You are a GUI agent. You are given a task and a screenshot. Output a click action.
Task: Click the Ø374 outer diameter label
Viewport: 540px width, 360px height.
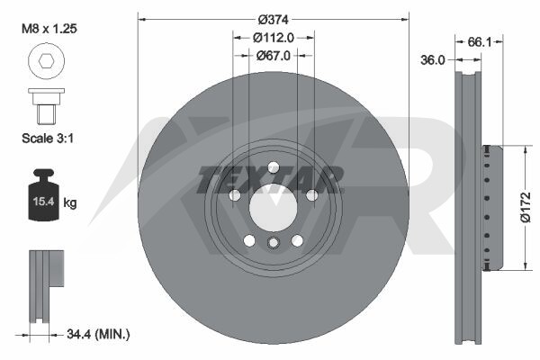273,20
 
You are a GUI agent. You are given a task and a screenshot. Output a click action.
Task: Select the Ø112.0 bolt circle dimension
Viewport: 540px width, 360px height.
274,37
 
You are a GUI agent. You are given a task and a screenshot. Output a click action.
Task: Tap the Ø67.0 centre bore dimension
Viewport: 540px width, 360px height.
274,55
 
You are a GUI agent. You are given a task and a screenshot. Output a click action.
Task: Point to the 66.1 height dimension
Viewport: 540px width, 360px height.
479,42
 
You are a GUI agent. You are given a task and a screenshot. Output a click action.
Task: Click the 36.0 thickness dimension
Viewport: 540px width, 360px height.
433,60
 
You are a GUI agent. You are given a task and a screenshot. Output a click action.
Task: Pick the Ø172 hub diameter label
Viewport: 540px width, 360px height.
526,207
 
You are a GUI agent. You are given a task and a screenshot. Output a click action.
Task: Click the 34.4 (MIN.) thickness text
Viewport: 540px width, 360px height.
98,334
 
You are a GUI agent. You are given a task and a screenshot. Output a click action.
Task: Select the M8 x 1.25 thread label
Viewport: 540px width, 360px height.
49,29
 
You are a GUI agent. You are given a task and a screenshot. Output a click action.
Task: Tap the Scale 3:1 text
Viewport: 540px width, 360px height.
48,138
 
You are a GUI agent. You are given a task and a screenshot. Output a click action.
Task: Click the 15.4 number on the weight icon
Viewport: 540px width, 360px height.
43,201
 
